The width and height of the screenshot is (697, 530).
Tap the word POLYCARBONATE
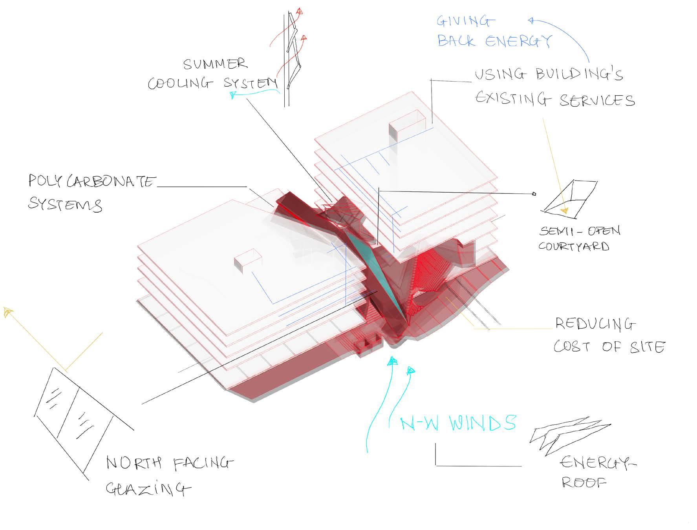[91, 181]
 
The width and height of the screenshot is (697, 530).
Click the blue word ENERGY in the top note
[519, 41]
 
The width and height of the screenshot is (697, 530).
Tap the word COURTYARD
[573, 246]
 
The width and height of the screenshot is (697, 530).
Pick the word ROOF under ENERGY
[584, 482]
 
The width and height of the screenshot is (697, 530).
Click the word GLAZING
[148, 489]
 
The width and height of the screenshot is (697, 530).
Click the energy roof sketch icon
[569, 435]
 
